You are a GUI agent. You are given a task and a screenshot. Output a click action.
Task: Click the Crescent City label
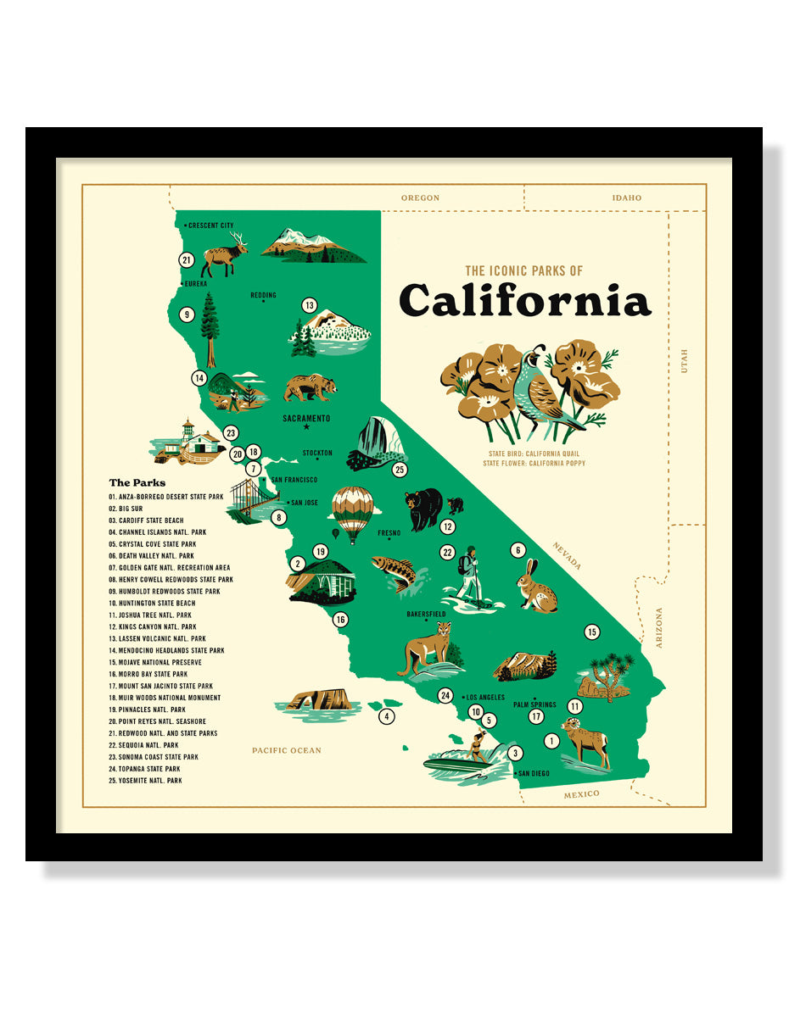tap(210, 225)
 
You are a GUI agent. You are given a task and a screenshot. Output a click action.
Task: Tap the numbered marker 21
tap(187, 260)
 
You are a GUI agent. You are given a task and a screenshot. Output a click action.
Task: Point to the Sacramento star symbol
tap(306, 427)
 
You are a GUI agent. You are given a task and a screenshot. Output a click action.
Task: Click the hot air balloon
tap(352, 510)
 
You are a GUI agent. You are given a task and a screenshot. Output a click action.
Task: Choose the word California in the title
tap(524, 301)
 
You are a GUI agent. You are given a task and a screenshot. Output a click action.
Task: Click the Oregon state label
tap(420, 198)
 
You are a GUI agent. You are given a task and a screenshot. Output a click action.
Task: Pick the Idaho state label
tap(626, 198)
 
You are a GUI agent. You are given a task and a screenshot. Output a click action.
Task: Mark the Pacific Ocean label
tap(286, 750)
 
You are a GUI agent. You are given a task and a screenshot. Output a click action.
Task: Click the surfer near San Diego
tap(477, 748)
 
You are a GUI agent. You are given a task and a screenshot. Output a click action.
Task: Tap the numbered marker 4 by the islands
tap(386, 716)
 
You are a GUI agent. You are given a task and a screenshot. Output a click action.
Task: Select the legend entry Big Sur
tap(126, 509)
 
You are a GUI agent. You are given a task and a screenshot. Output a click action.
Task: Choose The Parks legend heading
tap(137, 482)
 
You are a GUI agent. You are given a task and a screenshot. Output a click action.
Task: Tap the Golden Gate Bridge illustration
tap(251, 504)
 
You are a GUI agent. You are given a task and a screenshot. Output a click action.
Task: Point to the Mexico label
tap(581, 793)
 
